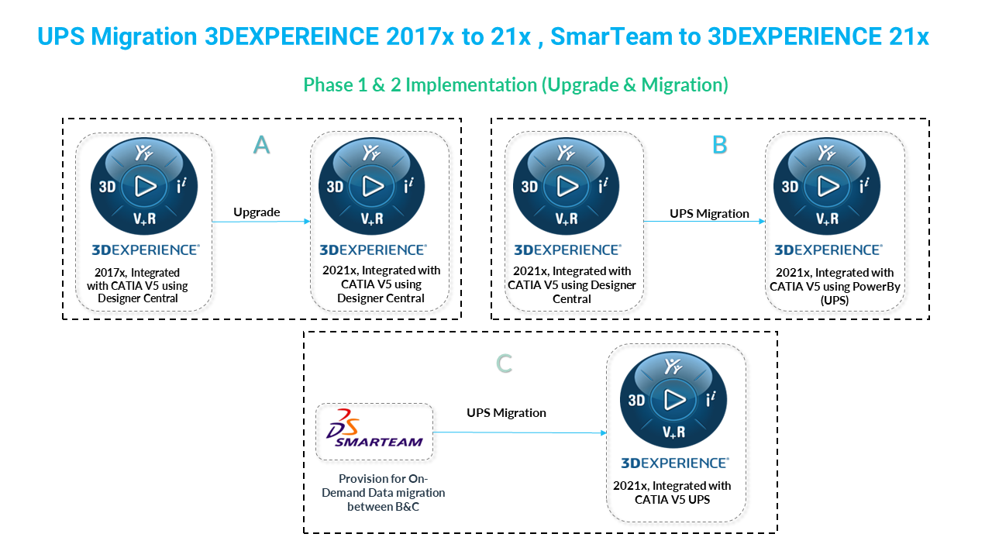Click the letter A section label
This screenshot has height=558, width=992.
[261, 145]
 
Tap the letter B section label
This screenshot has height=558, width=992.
[720, 145]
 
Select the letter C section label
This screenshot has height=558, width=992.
[504, 363]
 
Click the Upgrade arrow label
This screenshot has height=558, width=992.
[257, 212]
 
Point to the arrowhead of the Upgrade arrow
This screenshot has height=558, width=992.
[308, 221]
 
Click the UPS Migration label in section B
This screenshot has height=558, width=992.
[709, 213]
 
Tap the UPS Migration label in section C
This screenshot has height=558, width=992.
[506, 413]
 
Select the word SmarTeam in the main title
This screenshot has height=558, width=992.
[610, 36]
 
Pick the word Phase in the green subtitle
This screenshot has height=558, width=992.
[328, 84]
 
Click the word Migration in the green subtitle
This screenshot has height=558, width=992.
[682, 84]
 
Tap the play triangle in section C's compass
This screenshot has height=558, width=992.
[675, 401]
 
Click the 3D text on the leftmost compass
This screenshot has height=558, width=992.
[107, 187]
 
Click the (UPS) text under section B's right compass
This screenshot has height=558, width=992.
[835, 301]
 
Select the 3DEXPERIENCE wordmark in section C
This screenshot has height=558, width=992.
[674, 463]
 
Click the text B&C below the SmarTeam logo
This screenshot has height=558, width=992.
[404, 507]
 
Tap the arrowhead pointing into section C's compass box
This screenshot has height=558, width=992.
[604, 432]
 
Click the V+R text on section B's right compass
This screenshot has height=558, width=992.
[827, 219]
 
